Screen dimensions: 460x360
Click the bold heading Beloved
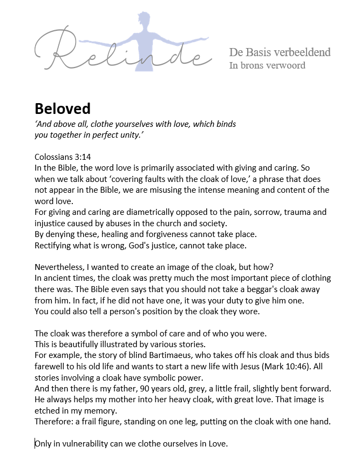(62, 109)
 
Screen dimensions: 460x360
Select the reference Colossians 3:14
(63, 157)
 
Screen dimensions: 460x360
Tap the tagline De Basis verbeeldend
(280, 52)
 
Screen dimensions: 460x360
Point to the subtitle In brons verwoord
(267, 65)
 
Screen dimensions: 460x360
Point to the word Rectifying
(54, 245)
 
